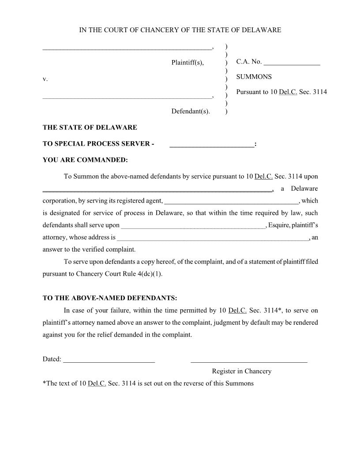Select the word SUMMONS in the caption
click(x=254, y=77)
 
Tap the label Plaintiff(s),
click(x=187, y=63)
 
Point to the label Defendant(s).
click(x=191, y=111)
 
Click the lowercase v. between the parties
click(x=45, y=79)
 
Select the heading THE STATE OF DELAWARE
click(x=90, y=128)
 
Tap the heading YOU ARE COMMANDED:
click(x=85, y=160)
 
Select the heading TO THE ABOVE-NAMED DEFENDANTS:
click(x=110, y=298)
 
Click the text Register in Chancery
click(x=242, y=371)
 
